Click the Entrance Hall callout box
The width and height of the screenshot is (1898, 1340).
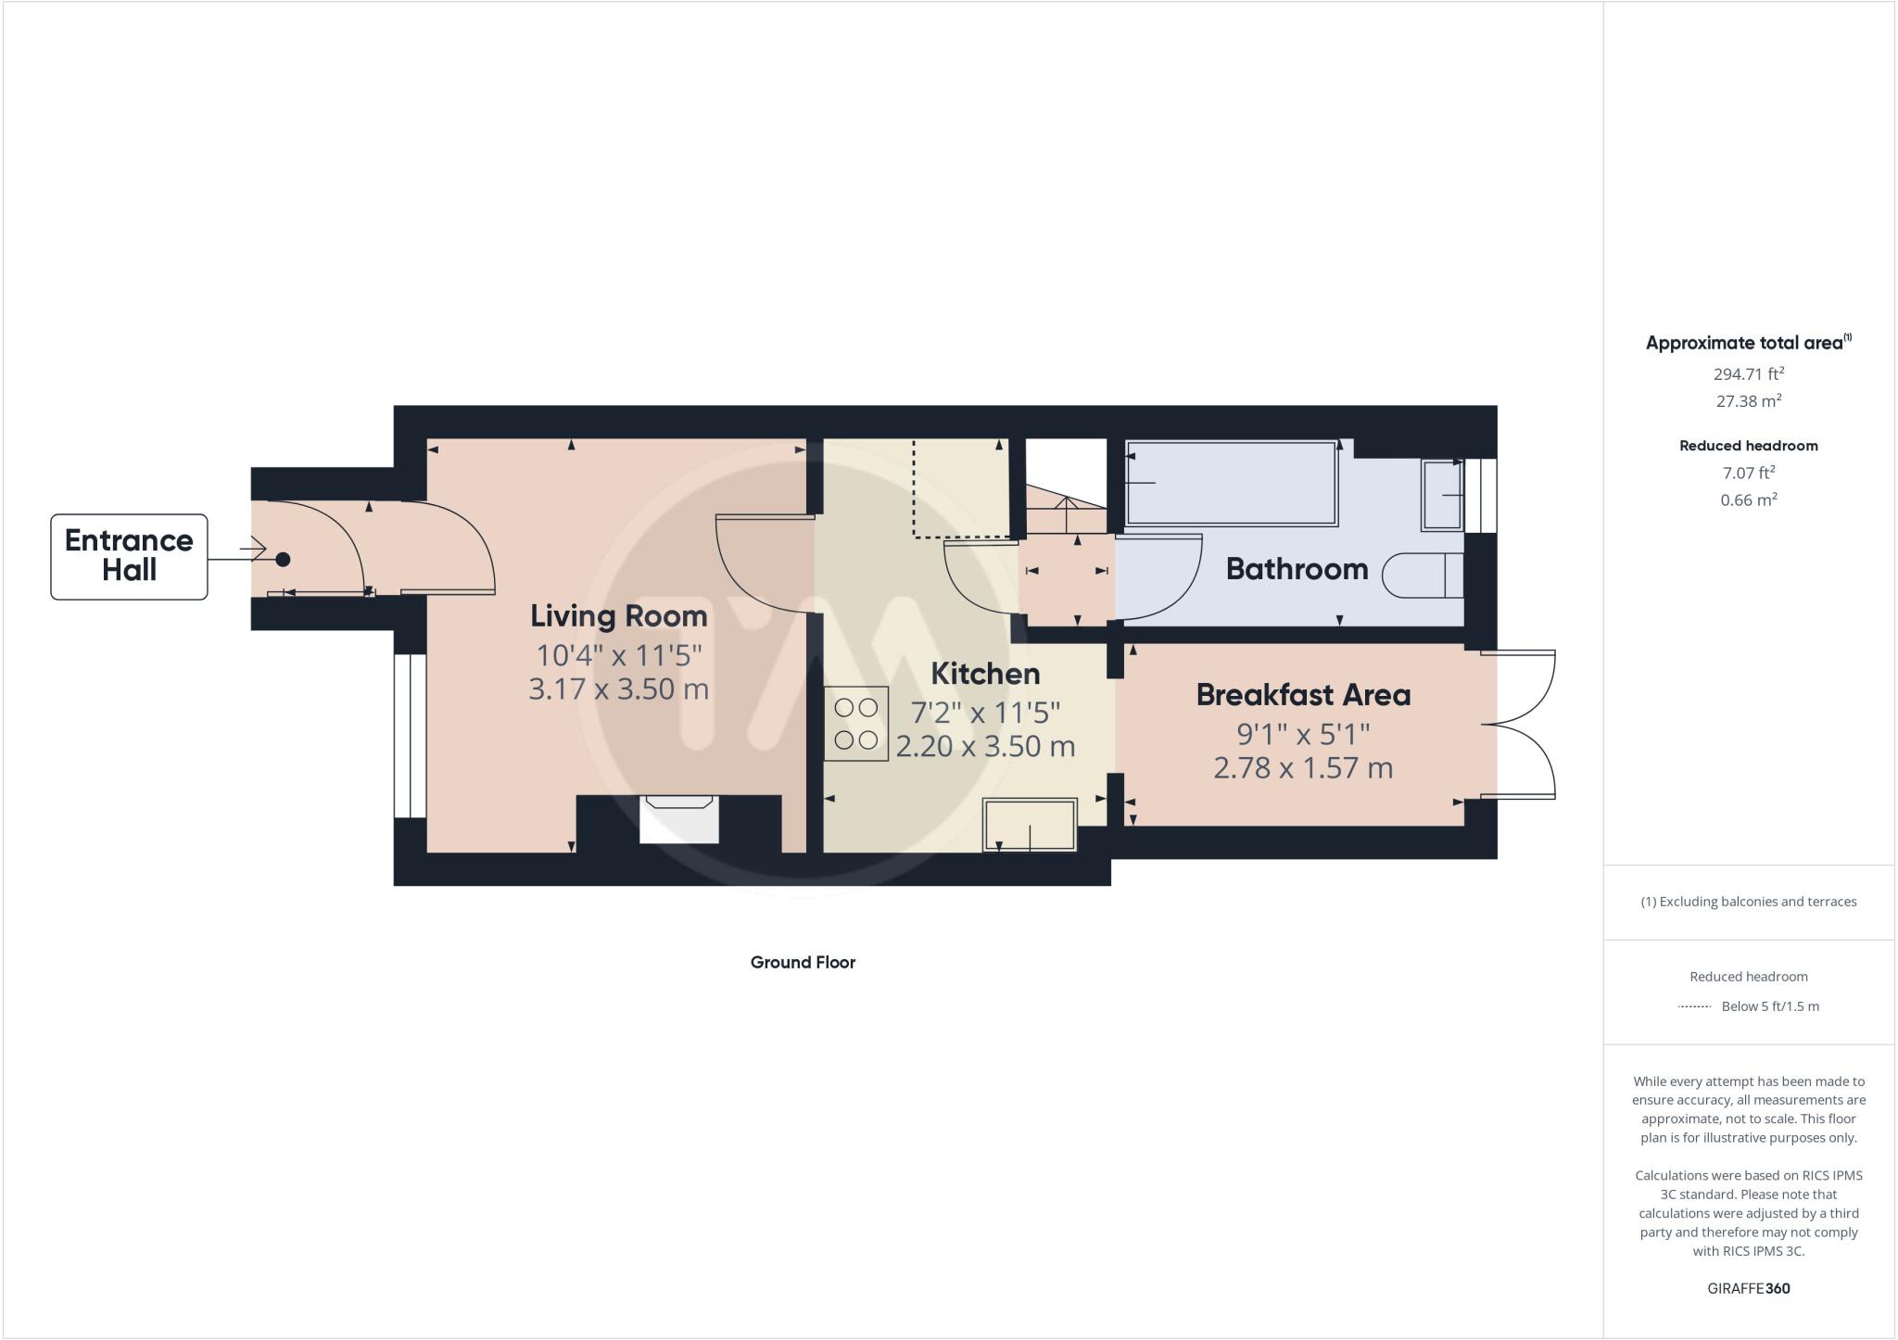pos(129,556)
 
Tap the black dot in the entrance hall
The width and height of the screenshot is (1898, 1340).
pos(283,559)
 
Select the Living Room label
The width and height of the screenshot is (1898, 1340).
pos(618,616)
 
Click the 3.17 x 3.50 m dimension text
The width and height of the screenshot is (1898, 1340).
pos(618,689)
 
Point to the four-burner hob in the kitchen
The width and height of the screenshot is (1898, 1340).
pos(855,724)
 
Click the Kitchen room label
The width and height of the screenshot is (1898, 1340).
pos(985,674)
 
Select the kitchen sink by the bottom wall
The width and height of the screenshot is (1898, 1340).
pos(1030,824)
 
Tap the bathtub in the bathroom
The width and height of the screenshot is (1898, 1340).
pos(1232,483)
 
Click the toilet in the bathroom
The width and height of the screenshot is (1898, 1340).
pos(1423,575)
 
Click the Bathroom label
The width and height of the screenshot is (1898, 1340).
pos(1297,569)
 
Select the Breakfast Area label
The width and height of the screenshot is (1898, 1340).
pos(1303,695)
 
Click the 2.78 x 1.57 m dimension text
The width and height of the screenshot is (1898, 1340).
pos(1303,768)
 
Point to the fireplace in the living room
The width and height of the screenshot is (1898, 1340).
pos(679,819)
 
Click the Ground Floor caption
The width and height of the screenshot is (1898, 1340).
pos(803,962)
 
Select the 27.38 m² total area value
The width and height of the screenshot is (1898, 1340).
pos(1748,401)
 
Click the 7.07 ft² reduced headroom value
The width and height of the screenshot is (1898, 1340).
pos(1748,473)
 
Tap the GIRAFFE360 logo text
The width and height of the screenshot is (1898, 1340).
pos(1748,1288)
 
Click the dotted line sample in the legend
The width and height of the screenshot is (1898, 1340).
pos(1694,1006)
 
